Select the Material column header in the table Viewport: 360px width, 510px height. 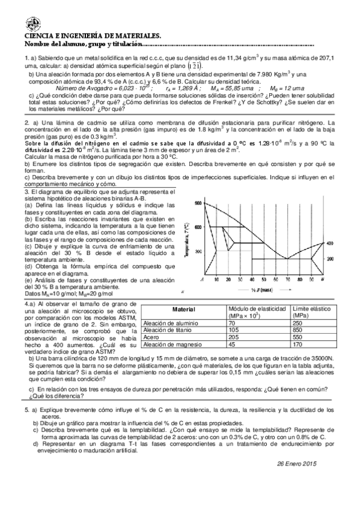pos(183,310)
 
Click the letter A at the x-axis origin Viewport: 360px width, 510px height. pos(203,280)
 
